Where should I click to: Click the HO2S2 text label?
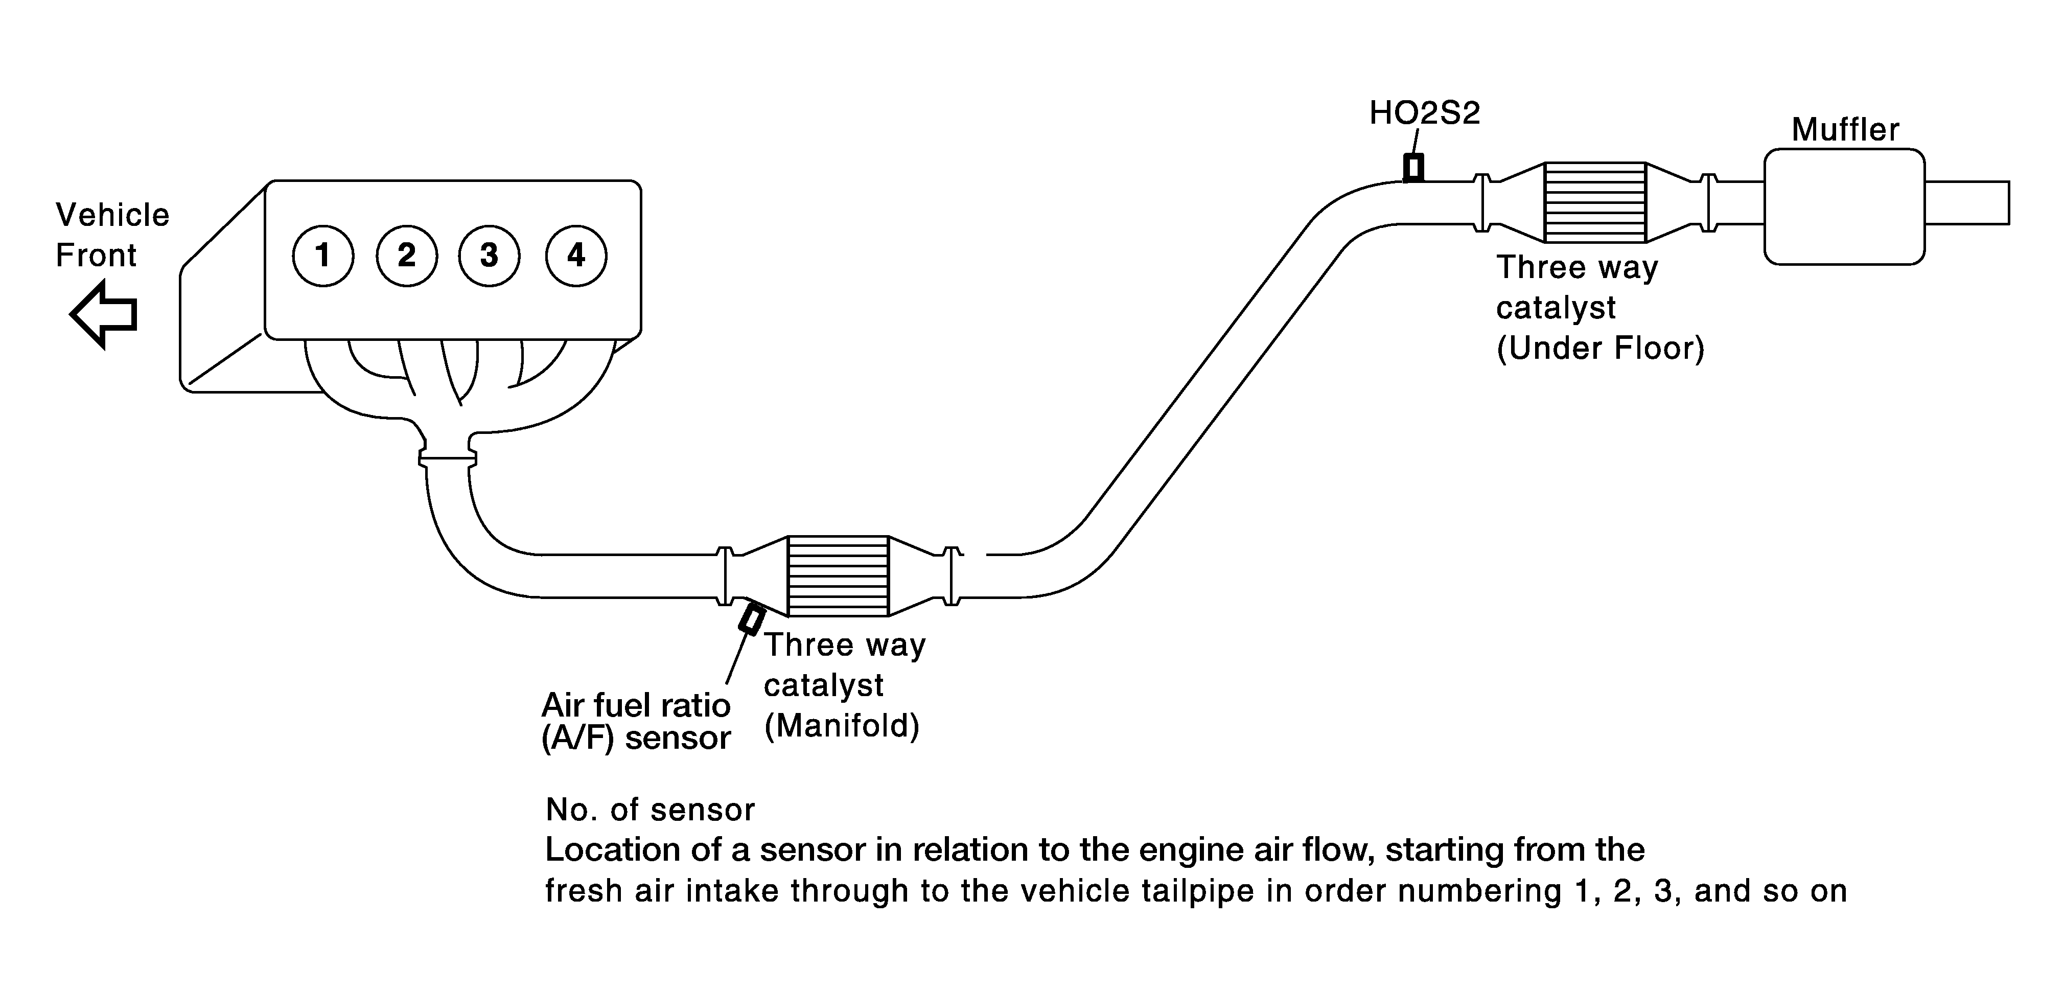coord(1425,113)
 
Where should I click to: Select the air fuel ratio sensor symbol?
coord(752,619)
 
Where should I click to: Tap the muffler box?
coord(1844,206)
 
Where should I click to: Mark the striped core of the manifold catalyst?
coord(838,575)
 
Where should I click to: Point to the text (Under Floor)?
coord(1600,349)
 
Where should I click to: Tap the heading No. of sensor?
coord(650,810)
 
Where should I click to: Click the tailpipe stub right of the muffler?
coord(1967,203)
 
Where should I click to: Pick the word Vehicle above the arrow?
coord(113,215)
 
